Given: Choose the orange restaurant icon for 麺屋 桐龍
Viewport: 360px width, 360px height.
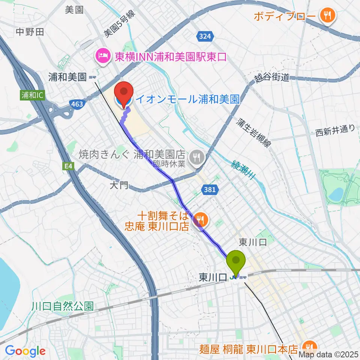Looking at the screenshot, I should (310, 347).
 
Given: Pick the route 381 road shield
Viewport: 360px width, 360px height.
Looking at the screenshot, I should (210, 190).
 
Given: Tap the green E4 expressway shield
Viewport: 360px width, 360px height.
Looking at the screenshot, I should (67, 166).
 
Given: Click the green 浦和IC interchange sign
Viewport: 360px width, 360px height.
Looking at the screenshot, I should (32, 95).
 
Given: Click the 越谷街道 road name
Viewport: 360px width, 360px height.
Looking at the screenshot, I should (271, 78).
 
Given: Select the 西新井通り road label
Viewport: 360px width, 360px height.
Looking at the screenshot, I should (334, 130).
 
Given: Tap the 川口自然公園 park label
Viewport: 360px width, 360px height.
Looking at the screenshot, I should (62, 306).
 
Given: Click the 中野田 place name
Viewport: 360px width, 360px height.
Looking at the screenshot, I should (30, 32).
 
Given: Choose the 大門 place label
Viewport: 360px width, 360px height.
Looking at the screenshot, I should (119, 185).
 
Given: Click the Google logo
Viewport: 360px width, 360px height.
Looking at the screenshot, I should (25, 351).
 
